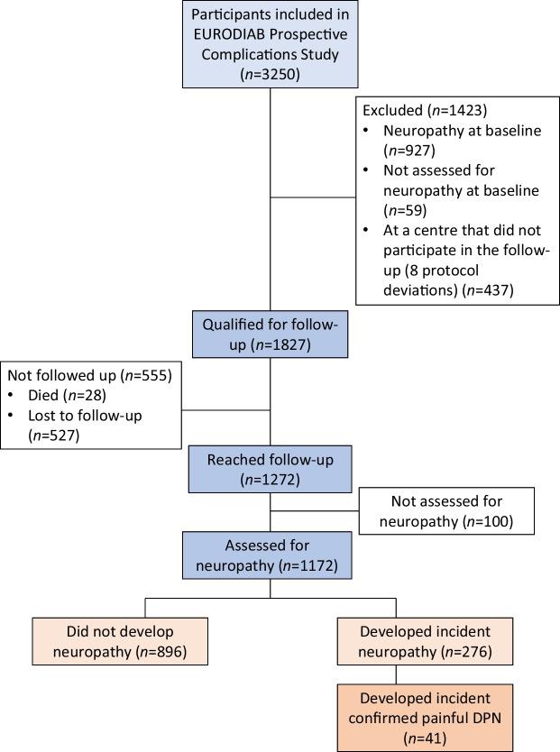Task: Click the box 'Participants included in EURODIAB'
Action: point(271,44)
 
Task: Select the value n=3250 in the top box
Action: point(271,75)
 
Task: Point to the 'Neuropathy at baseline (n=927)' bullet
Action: point(433,140)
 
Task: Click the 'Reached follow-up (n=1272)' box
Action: point(271,469)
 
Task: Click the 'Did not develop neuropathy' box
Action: point(120,641)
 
